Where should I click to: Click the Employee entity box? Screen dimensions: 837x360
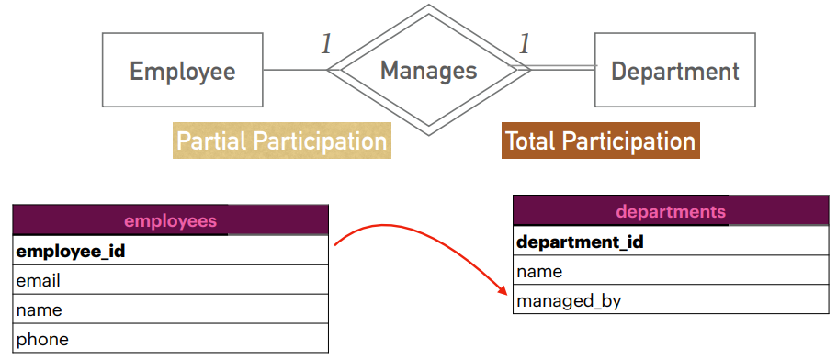click(x=183, y=70)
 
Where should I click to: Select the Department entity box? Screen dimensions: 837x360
click(x=674, y=70)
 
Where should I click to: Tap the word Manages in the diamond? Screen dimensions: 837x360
click(x=429, y=71)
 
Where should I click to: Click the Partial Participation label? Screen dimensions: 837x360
click(x=282, y=141)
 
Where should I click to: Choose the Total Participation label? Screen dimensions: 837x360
click(x=601, y=141)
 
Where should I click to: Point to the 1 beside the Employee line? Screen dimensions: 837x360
click(x=326, y=44)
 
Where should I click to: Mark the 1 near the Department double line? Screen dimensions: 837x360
click(x=525, y=44)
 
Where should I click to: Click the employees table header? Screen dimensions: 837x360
click(x=170, y=220)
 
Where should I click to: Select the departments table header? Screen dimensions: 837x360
click(x=671, y=210)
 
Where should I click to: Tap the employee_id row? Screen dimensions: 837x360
click(x=170, y=250)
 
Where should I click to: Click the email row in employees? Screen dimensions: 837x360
click(x=170, y=279)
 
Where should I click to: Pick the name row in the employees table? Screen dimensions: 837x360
click(x=170, y=309)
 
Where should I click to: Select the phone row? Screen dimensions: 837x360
click(x=170, y=338)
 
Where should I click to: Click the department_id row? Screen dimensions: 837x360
click(x=671, y=241)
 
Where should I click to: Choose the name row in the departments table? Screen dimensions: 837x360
click(x=671, y=270)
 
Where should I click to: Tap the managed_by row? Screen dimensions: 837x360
click(x=671, y=299)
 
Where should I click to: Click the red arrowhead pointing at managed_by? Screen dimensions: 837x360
click(x=503, y=290)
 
